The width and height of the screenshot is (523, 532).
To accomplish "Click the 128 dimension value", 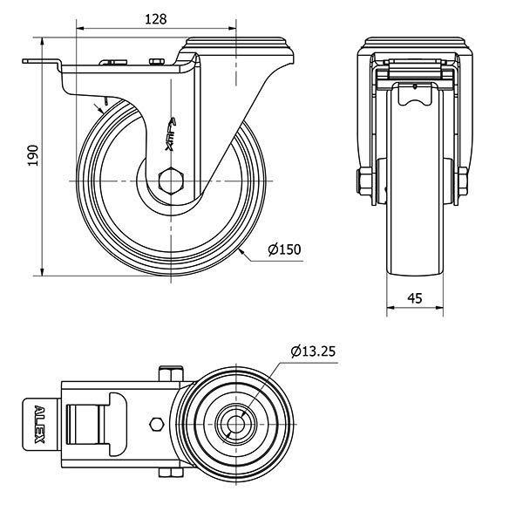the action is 156,19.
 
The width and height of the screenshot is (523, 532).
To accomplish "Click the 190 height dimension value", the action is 32,156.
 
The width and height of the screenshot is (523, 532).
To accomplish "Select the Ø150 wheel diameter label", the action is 284,249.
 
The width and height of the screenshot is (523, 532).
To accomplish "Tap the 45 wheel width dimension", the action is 415,298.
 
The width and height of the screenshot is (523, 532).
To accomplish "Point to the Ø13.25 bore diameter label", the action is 313,351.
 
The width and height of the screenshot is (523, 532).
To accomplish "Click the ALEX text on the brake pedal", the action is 40,425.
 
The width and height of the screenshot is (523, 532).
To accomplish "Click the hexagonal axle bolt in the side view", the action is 171,181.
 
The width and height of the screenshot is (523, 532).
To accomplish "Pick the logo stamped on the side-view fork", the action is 171,134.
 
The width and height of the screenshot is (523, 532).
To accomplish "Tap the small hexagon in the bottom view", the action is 157,425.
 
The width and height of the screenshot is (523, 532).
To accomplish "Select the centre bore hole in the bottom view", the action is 235,425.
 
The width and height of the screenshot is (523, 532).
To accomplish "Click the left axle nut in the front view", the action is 364,181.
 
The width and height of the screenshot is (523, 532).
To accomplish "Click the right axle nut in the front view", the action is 463,181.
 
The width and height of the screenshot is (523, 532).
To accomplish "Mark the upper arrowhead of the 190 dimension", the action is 42,41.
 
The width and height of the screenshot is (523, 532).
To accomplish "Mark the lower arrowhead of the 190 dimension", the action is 42,272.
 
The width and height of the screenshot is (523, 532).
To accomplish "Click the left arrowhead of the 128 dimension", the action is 80,29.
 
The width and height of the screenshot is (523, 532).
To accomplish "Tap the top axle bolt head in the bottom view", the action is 171,373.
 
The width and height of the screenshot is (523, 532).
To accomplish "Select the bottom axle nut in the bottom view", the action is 171,473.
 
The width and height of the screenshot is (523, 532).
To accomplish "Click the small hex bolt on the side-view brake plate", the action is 157,61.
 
